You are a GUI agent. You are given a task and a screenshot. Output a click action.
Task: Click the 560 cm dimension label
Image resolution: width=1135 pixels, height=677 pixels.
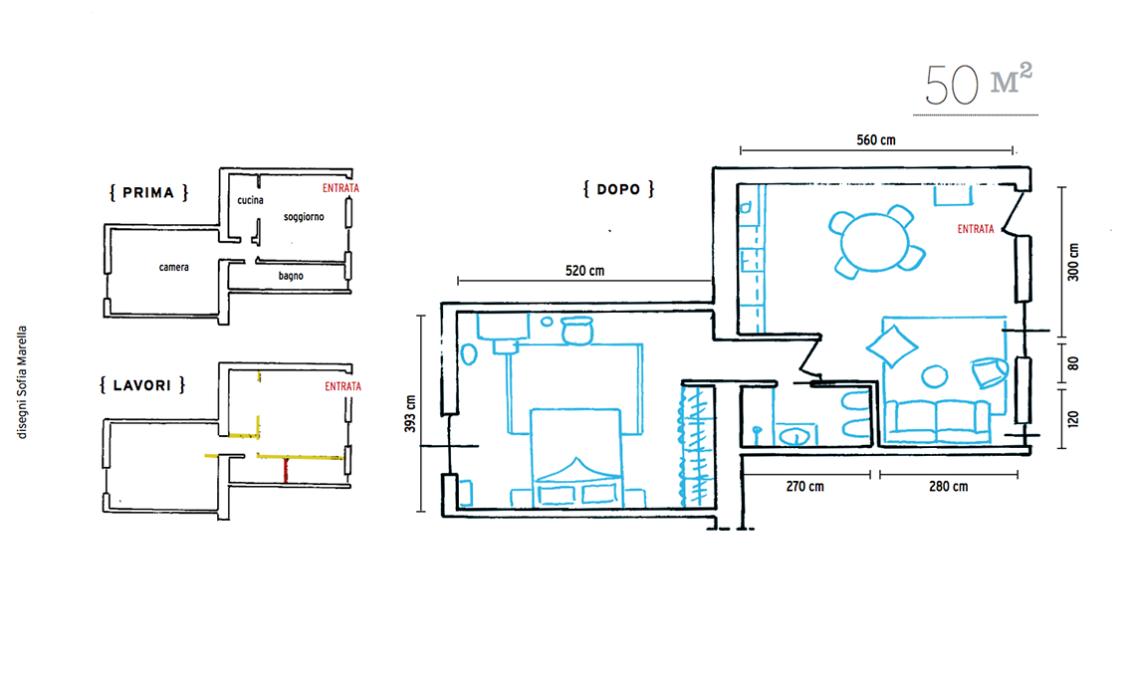pos(876,139)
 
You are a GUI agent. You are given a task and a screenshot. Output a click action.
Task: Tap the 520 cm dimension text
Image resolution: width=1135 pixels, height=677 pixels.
pos(584,271)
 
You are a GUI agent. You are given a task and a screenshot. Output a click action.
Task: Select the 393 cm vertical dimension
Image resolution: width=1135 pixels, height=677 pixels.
pos(410,414)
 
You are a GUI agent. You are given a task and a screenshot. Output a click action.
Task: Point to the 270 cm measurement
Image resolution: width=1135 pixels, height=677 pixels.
pos(804,487)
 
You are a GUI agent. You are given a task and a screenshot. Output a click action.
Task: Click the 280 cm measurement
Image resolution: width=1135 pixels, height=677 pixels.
pos(948,487)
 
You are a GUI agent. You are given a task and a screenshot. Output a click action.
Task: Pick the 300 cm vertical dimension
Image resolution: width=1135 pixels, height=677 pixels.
pos(1073,262)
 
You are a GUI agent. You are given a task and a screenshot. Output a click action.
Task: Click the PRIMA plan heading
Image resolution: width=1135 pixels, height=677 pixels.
pos(148,192)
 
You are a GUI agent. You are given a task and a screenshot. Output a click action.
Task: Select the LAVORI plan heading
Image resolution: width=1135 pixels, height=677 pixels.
pos(141,385)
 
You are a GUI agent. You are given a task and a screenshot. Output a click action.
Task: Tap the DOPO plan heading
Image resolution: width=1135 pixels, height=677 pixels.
pos(618,190)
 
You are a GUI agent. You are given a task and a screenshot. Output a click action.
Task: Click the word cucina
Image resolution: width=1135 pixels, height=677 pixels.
pos(251,200)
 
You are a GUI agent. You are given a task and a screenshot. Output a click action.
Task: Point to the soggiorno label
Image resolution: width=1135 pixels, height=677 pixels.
pos(304,217)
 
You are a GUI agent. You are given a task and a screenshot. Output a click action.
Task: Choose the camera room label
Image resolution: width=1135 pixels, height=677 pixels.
pos(173,267)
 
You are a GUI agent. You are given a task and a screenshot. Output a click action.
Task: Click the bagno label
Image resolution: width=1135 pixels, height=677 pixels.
pos(291,276)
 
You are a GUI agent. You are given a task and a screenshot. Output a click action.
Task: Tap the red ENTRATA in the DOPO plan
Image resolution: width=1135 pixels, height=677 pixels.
pos(976,229)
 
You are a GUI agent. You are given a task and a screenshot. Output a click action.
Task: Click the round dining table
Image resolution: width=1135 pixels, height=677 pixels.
pos(875,243)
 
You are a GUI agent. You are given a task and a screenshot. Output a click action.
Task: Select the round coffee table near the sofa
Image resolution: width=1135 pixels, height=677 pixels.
pos(935,376)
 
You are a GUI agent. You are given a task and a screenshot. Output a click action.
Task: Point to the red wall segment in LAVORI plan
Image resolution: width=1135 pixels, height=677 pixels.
pos(286,471)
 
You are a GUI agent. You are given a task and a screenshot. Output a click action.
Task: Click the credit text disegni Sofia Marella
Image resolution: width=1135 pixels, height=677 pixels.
pos(23,381)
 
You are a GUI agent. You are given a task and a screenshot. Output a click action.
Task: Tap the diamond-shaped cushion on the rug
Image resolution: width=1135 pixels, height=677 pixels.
pos(892,346)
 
